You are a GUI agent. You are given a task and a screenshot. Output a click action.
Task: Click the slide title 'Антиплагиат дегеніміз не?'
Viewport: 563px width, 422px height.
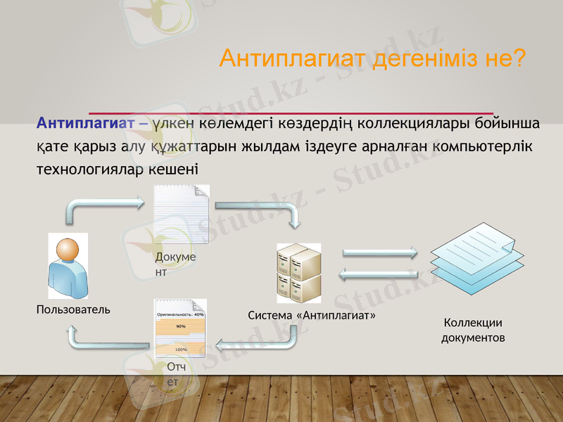372,58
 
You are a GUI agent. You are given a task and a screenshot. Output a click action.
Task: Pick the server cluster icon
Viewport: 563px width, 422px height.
299,273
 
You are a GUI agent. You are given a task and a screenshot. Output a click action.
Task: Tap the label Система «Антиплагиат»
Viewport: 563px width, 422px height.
312,316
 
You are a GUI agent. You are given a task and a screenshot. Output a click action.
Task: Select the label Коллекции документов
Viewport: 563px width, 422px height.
473,331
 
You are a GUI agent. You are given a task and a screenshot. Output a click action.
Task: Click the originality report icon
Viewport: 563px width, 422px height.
180,329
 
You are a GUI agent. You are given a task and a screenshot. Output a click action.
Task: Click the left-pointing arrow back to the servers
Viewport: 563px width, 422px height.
380,275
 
